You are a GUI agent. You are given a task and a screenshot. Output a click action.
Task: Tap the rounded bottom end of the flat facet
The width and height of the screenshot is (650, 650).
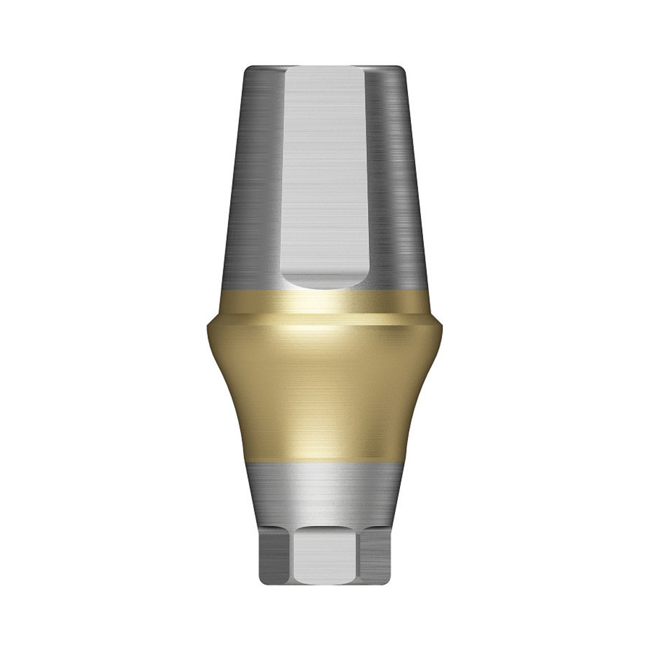click(325, 281)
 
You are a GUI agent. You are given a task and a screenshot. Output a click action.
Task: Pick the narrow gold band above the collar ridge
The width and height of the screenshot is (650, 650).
click(325, 303)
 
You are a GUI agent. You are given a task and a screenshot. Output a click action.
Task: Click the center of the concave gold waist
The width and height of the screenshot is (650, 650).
click(325, 396)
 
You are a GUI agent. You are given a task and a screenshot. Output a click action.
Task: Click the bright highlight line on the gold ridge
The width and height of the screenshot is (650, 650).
click(325, 328)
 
